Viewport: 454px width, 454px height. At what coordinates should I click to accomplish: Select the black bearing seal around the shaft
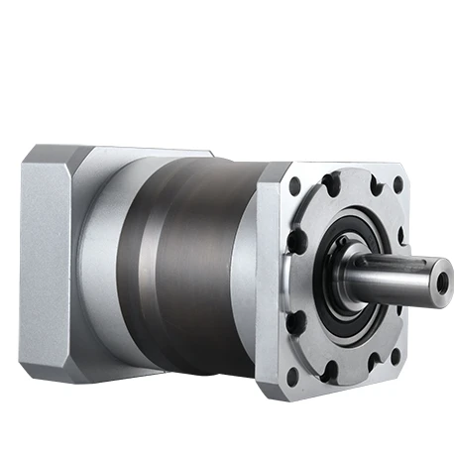pyautogui.click(x=331, y=297)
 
